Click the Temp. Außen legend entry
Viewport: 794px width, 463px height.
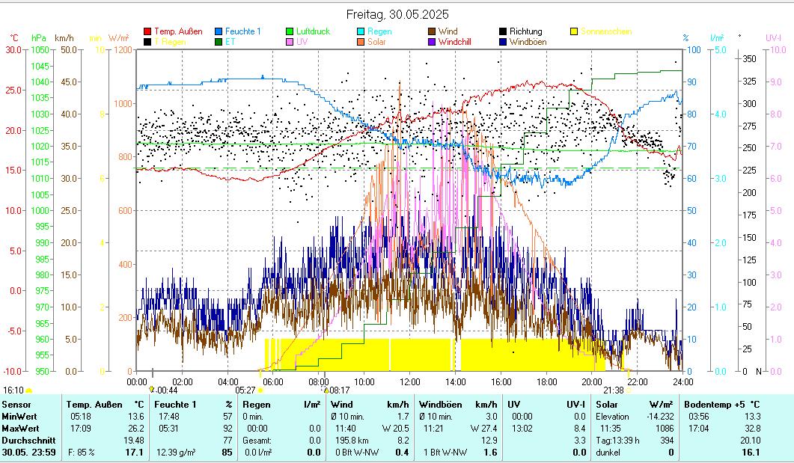coord(178,31)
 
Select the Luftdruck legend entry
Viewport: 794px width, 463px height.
coord(313,31)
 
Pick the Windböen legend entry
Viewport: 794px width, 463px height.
coord(528,42)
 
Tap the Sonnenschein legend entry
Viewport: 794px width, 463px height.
coord(605,31)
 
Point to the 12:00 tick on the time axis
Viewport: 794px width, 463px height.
coord(410,381)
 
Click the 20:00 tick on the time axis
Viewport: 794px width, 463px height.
coord(592,381)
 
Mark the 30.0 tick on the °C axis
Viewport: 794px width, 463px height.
coord(13,50)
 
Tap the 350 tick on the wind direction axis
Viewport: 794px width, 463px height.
coord(748,58)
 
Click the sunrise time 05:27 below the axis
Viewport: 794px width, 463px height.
coord(245,390)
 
